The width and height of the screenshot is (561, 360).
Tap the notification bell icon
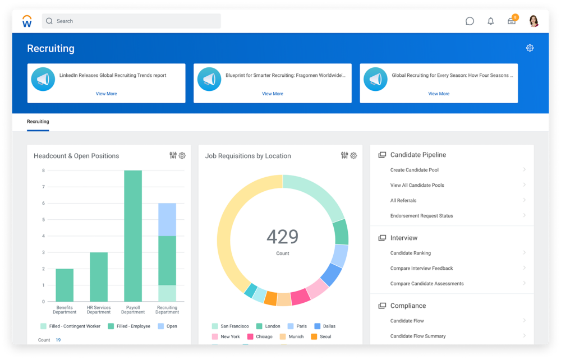(491, 21)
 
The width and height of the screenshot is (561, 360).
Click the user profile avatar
(534, 21)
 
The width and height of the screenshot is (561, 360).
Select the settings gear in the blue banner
(530, 48)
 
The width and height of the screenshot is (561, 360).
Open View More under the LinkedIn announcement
(106, 94)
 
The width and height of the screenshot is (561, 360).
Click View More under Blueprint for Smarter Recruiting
(272, 94)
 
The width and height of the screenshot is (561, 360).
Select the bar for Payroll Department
(133, 236)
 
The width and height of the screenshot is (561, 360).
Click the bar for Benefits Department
(65, 285)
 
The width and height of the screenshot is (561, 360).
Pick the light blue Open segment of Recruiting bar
(167, 219)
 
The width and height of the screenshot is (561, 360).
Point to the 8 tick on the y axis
(43, 170)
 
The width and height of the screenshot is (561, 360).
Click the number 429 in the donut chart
(282, 237)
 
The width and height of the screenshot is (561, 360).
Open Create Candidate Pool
(415, 170)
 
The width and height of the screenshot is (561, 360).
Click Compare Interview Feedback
(421, 268)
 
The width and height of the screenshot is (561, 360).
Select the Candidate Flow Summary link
(418, 336)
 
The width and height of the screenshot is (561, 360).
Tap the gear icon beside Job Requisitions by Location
(353, 156)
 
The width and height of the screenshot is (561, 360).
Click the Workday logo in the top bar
(27, 21)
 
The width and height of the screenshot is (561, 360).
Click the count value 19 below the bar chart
(58, 340)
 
